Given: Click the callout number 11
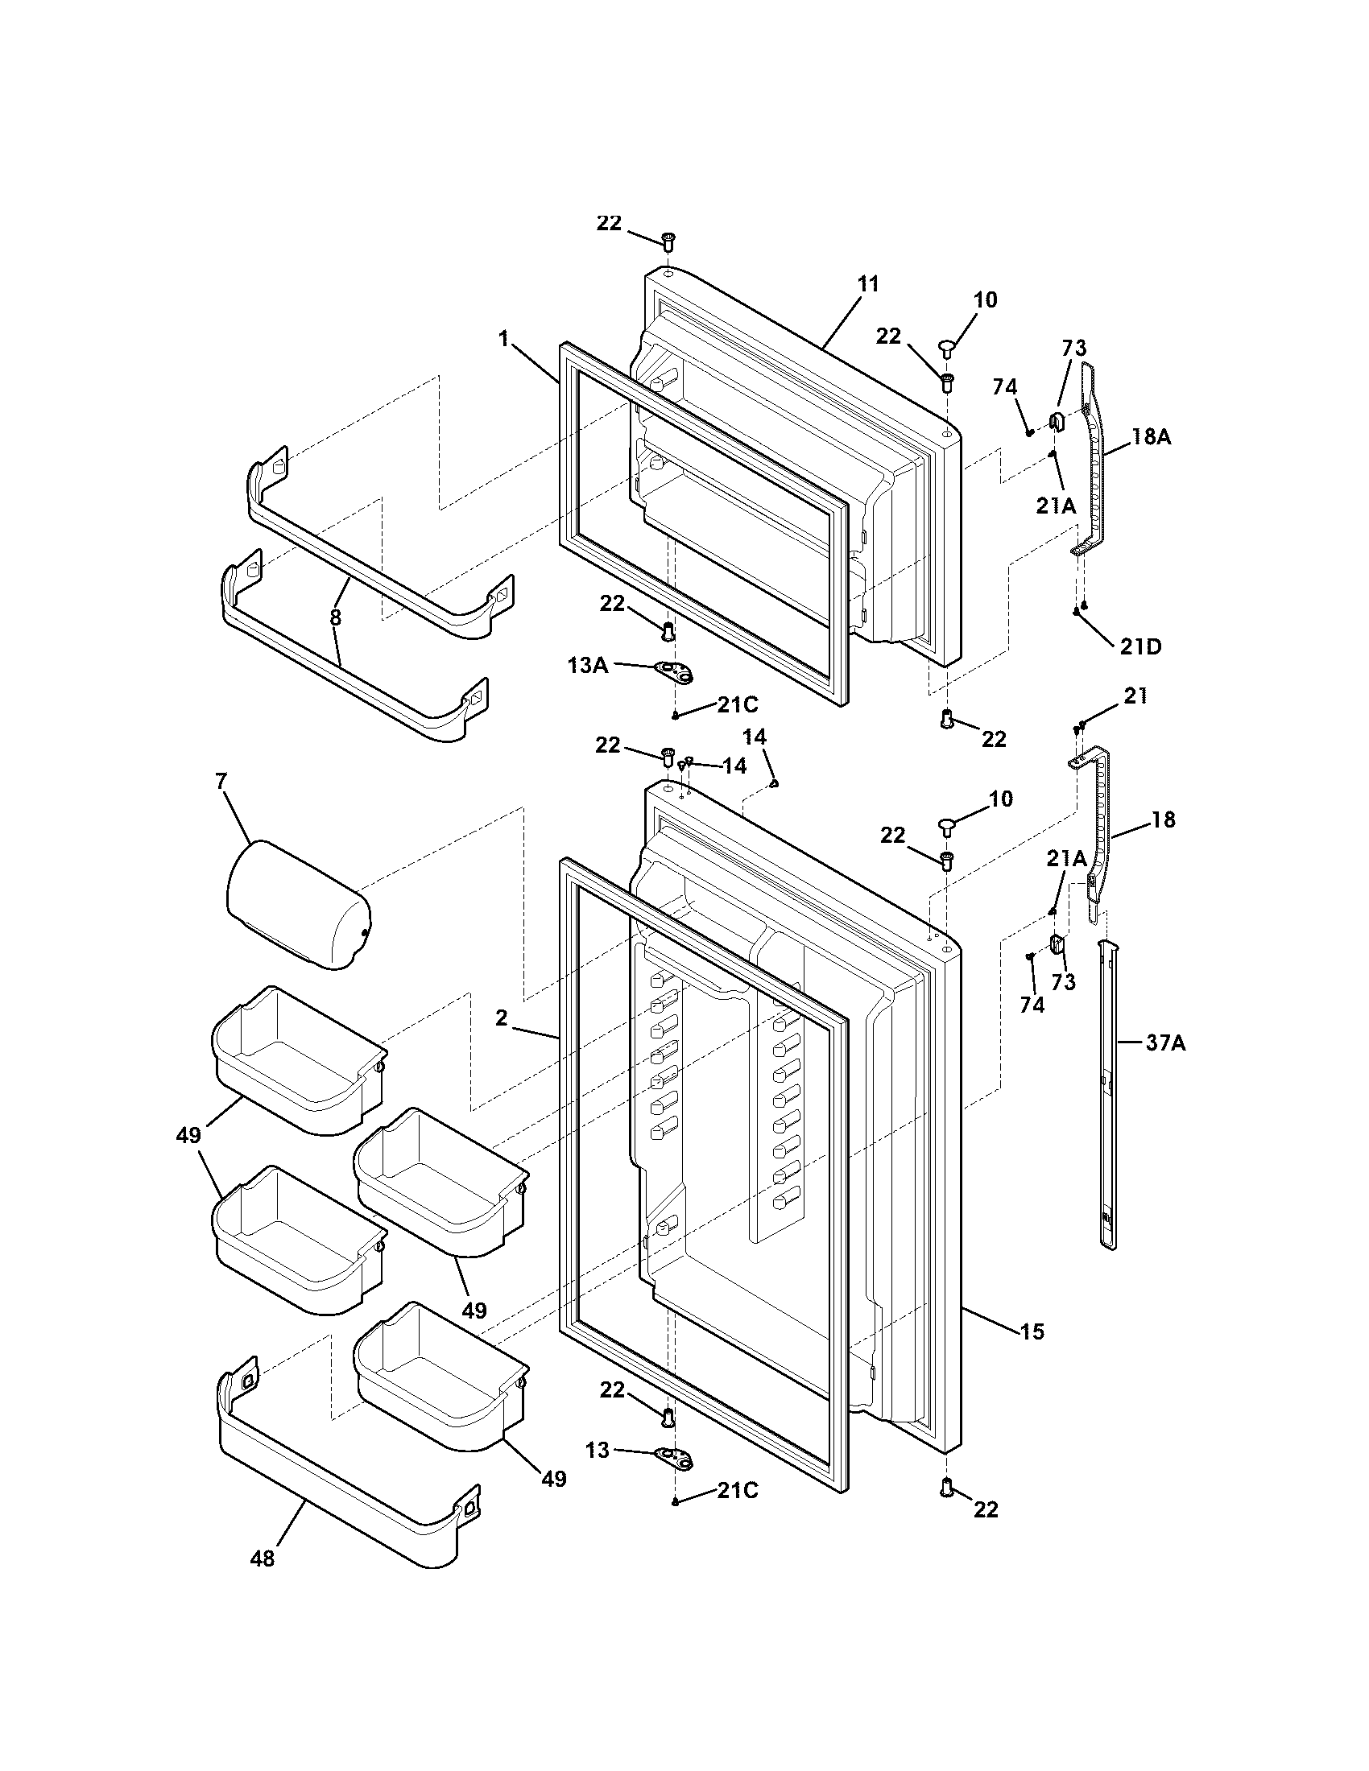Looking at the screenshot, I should tap(867, 285).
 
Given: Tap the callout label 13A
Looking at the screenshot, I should tap(587, 666).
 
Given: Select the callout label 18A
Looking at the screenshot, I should tap(1152, 437).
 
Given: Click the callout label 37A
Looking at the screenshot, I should tap(1165, 1042).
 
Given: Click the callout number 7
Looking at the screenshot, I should tap(221, 782).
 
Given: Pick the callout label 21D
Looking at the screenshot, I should tap(1140, 646).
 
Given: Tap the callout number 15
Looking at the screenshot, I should tap(1032, 1331).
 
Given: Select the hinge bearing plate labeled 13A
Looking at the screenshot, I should tap(675, 671).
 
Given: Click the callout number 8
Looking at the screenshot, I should tap(335, 617).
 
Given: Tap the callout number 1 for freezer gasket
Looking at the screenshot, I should tap(503, 339).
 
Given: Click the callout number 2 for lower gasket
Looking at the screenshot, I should tap(501, 1018).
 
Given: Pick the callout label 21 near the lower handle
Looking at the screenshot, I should tap(1135, 696).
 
